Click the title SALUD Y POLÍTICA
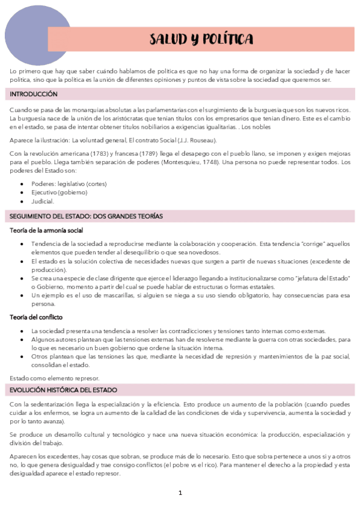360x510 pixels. click(201, 40)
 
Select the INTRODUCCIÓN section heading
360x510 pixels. click(34, 94)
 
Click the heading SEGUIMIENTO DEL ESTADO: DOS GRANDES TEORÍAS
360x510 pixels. click(87, 216)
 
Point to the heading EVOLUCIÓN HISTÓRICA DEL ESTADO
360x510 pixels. click(63, 390)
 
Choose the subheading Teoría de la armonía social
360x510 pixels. click(47, 230)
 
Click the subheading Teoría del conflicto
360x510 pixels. click(37, 317)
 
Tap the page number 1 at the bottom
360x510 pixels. click(180, 493)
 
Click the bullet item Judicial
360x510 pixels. click(43, 201)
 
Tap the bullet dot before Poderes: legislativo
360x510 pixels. click(22, 183)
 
